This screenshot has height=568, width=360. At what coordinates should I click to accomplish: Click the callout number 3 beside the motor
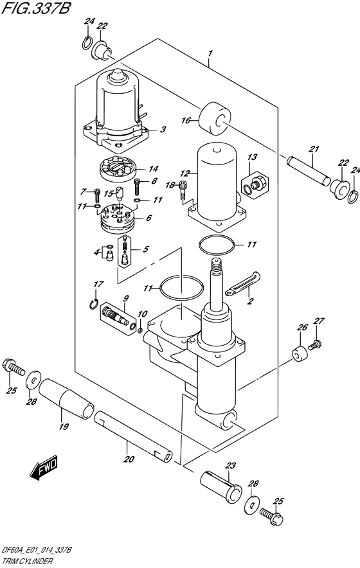[x=163, y=129]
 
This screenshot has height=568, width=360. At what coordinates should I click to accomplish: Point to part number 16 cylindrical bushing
[x=215, y=120]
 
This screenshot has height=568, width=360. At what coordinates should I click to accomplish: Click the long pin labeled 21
[x=309, y=170]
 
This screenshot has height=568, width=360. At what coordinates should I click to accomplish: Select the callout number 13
[x=252, y=157]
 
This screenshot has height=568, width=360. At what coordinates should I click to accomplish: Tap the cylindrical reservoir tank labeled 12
[x=217, y=181]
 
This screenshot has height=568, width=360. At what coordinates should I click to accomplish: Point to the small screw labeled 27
[x=315, y=344]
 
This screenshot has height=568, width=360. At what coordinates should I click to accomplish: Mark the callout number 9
[x=126, y=288]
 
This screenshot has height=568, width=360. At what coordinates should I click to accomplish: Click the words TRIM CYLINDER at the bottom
[x=27, y=562]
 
